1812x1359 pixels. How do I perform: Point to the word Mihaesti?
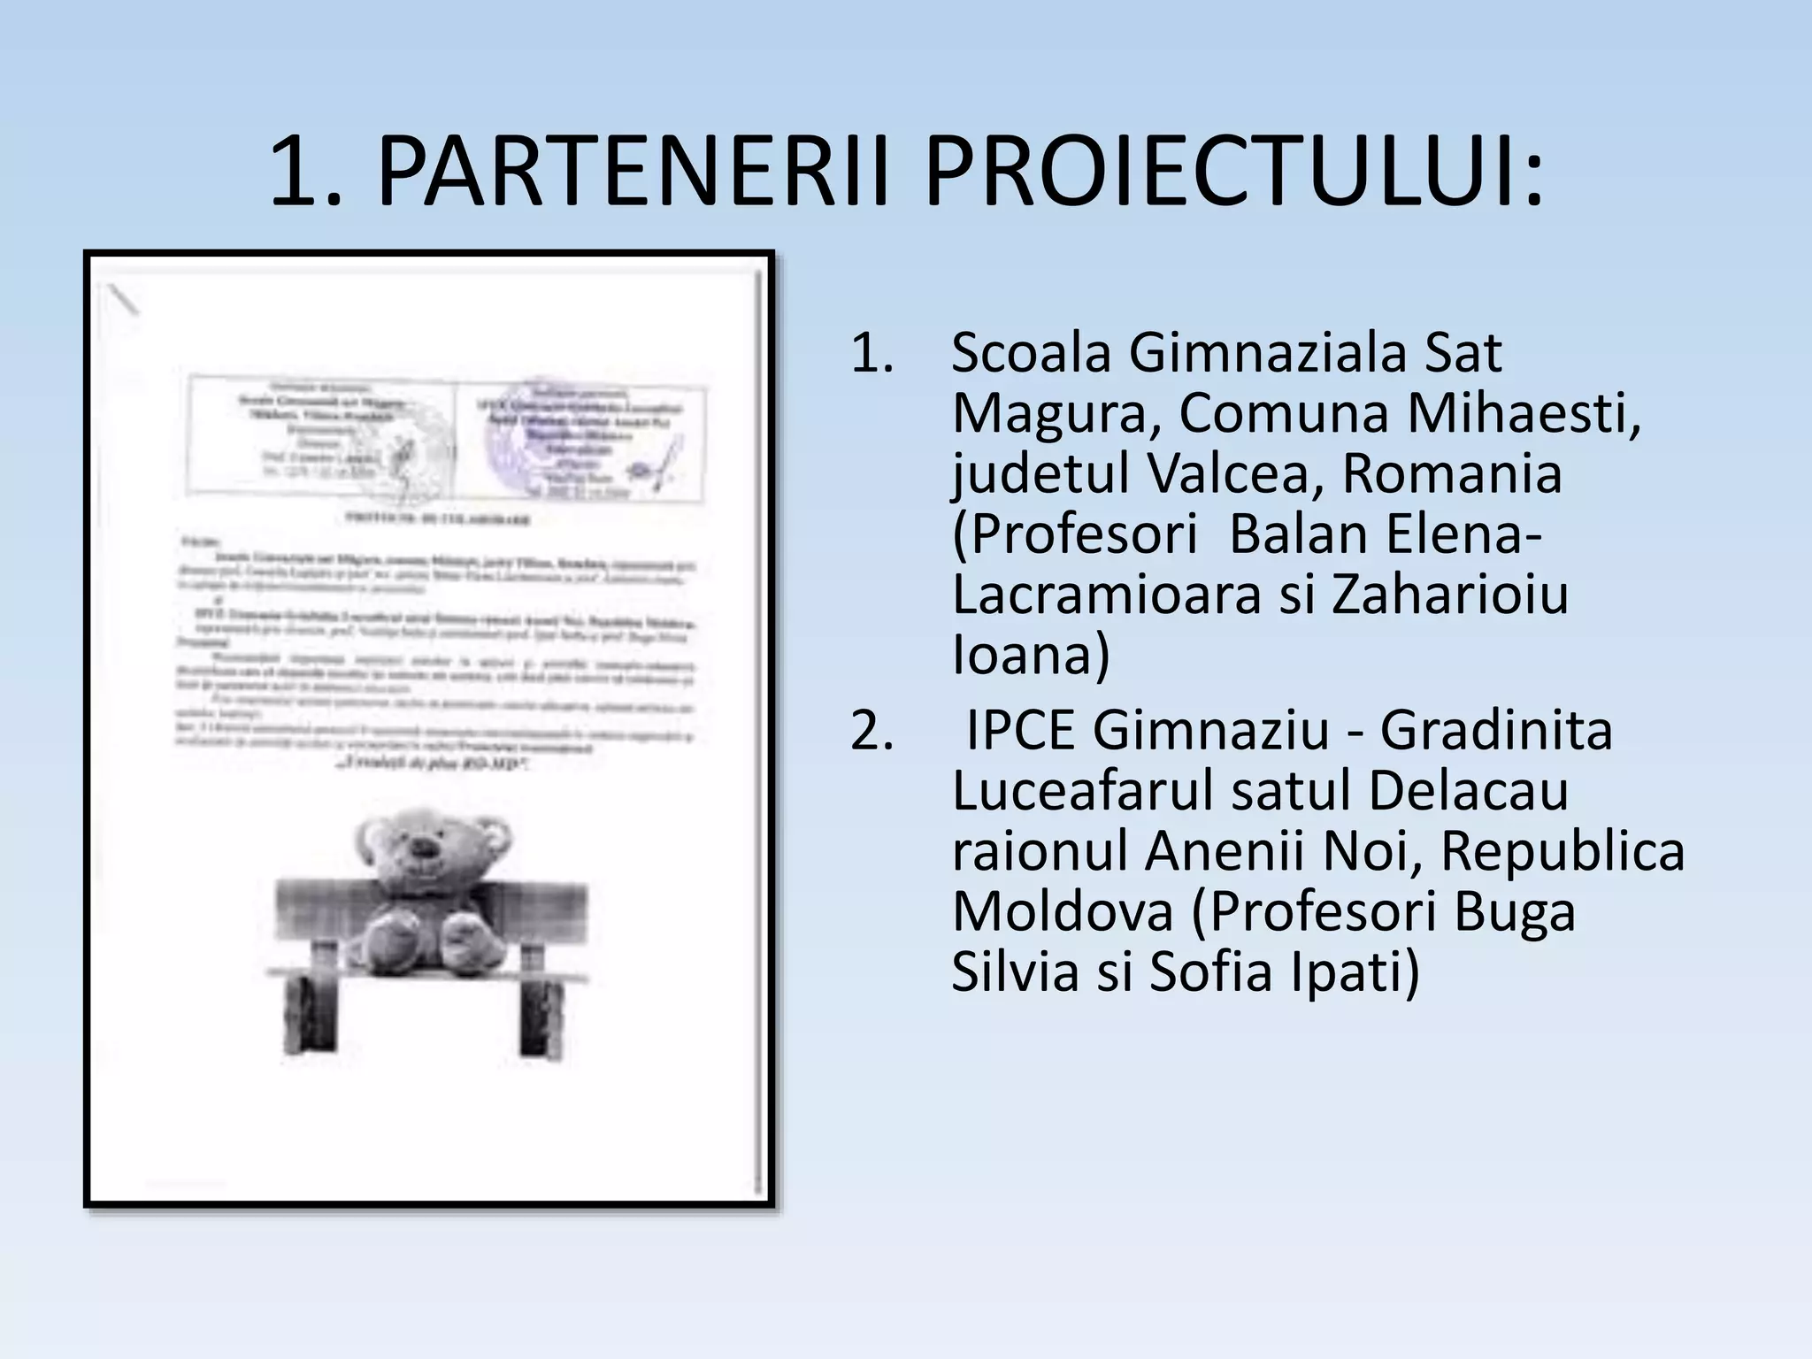point(1524,413)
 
